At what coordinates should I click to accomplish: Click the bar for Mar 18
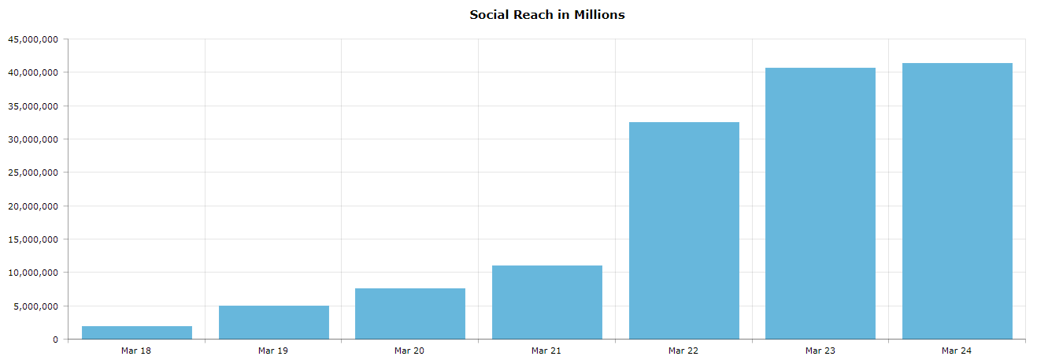(136, 332)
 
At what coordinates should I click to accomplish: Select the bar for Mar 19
(273, 322)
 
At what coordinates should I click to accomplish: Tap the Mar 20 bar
(410, 314)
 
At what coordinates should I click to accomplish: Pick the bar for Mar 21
(546, 302)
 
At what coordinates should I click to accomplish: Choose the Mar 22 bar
(683, 231)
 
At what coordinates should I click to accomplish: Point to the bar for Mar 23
(820, 203)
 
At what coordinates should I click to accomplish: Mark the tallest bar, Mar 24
(957, 201)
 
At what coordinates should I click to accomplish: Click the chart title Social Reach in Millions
(546, 14)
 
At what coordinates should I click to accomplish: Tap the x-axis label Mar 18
(136, 351)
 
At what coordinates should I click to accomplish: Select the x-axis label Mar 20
(409, 351)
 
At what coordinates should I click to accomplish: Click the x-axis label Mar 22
(683, 351)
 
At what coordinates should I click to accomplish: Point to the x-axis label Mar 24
(957, 351)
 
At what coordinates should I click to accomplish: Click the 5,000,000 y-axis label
(35, 306)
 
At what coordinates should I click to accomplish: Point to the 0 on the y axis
(55, 340)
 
